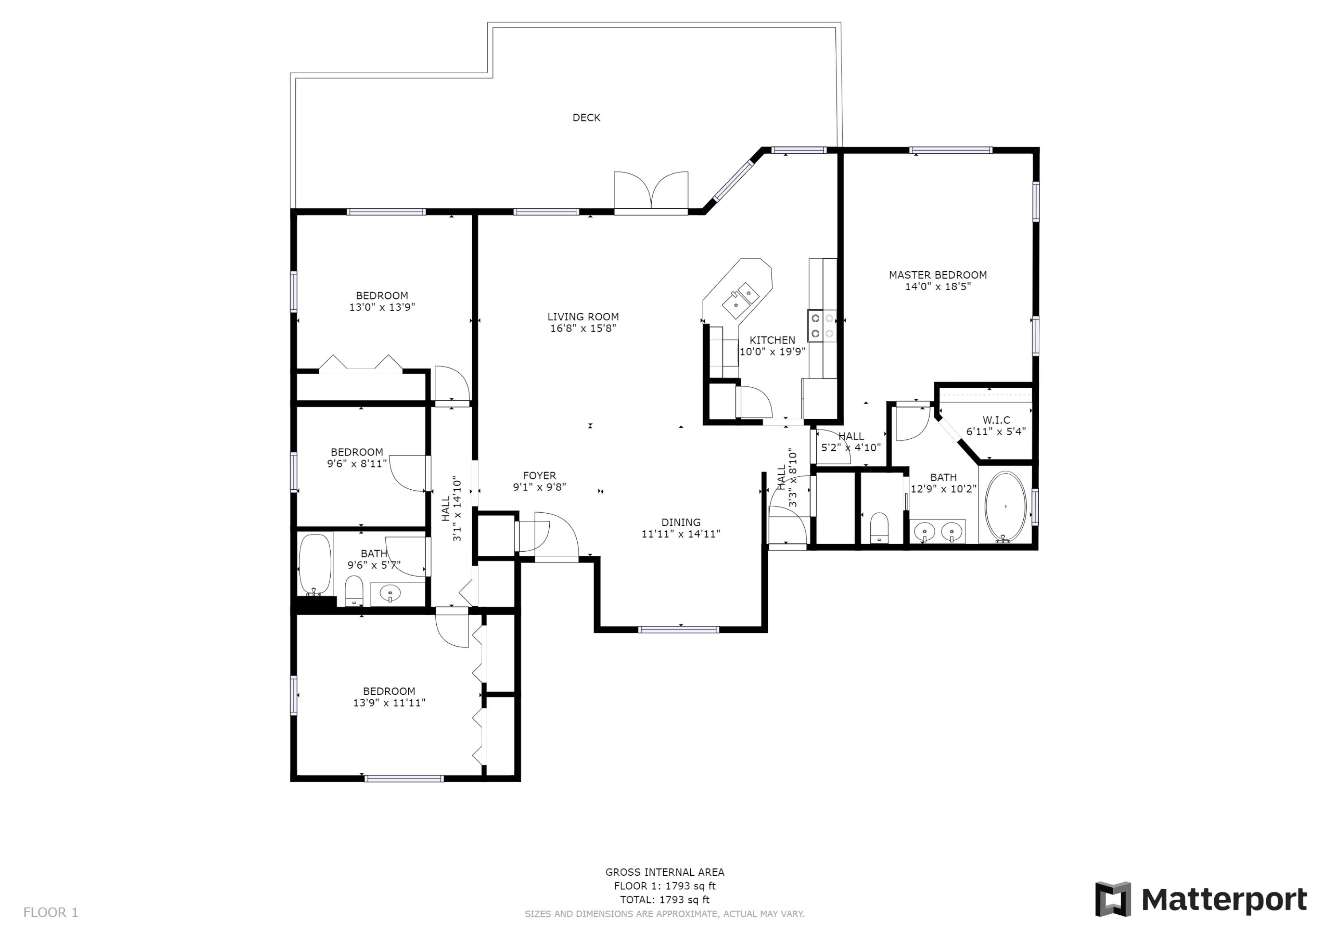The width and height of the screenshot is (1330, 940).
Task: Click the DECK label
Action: tap(586, 117)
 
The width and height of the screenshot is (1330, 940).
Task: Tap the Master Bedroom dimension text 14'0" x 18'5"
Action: tap(937, 287)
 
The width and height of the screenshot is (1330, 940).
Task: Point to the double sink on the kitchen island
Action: tap(740, 298)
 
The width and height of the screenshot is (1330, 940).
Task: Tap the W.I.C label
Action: tap(996, 420)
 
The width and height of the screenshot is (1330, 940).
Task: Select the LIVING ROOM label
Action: tap(583, 317)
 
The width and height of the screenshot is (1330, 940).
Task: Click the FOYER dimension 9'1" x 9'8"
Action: tap(539, 488)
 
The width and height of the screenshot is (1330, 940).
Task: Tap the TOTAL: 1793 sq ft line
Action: tap(665, 900)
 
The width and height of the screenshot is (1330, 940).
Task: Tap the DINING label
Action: tap(681, 523)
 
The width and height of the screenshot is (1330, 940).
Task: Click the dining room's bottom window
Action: tap(678, 630)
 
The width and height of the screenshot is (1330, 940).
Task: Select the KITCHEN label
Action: tap(772, 340)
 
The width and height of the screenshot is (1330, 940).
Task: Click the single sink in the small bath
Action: tap(390, 593)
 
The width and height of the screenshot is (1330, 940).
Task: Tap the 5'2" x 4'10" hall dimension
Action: tap(850, 448)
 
